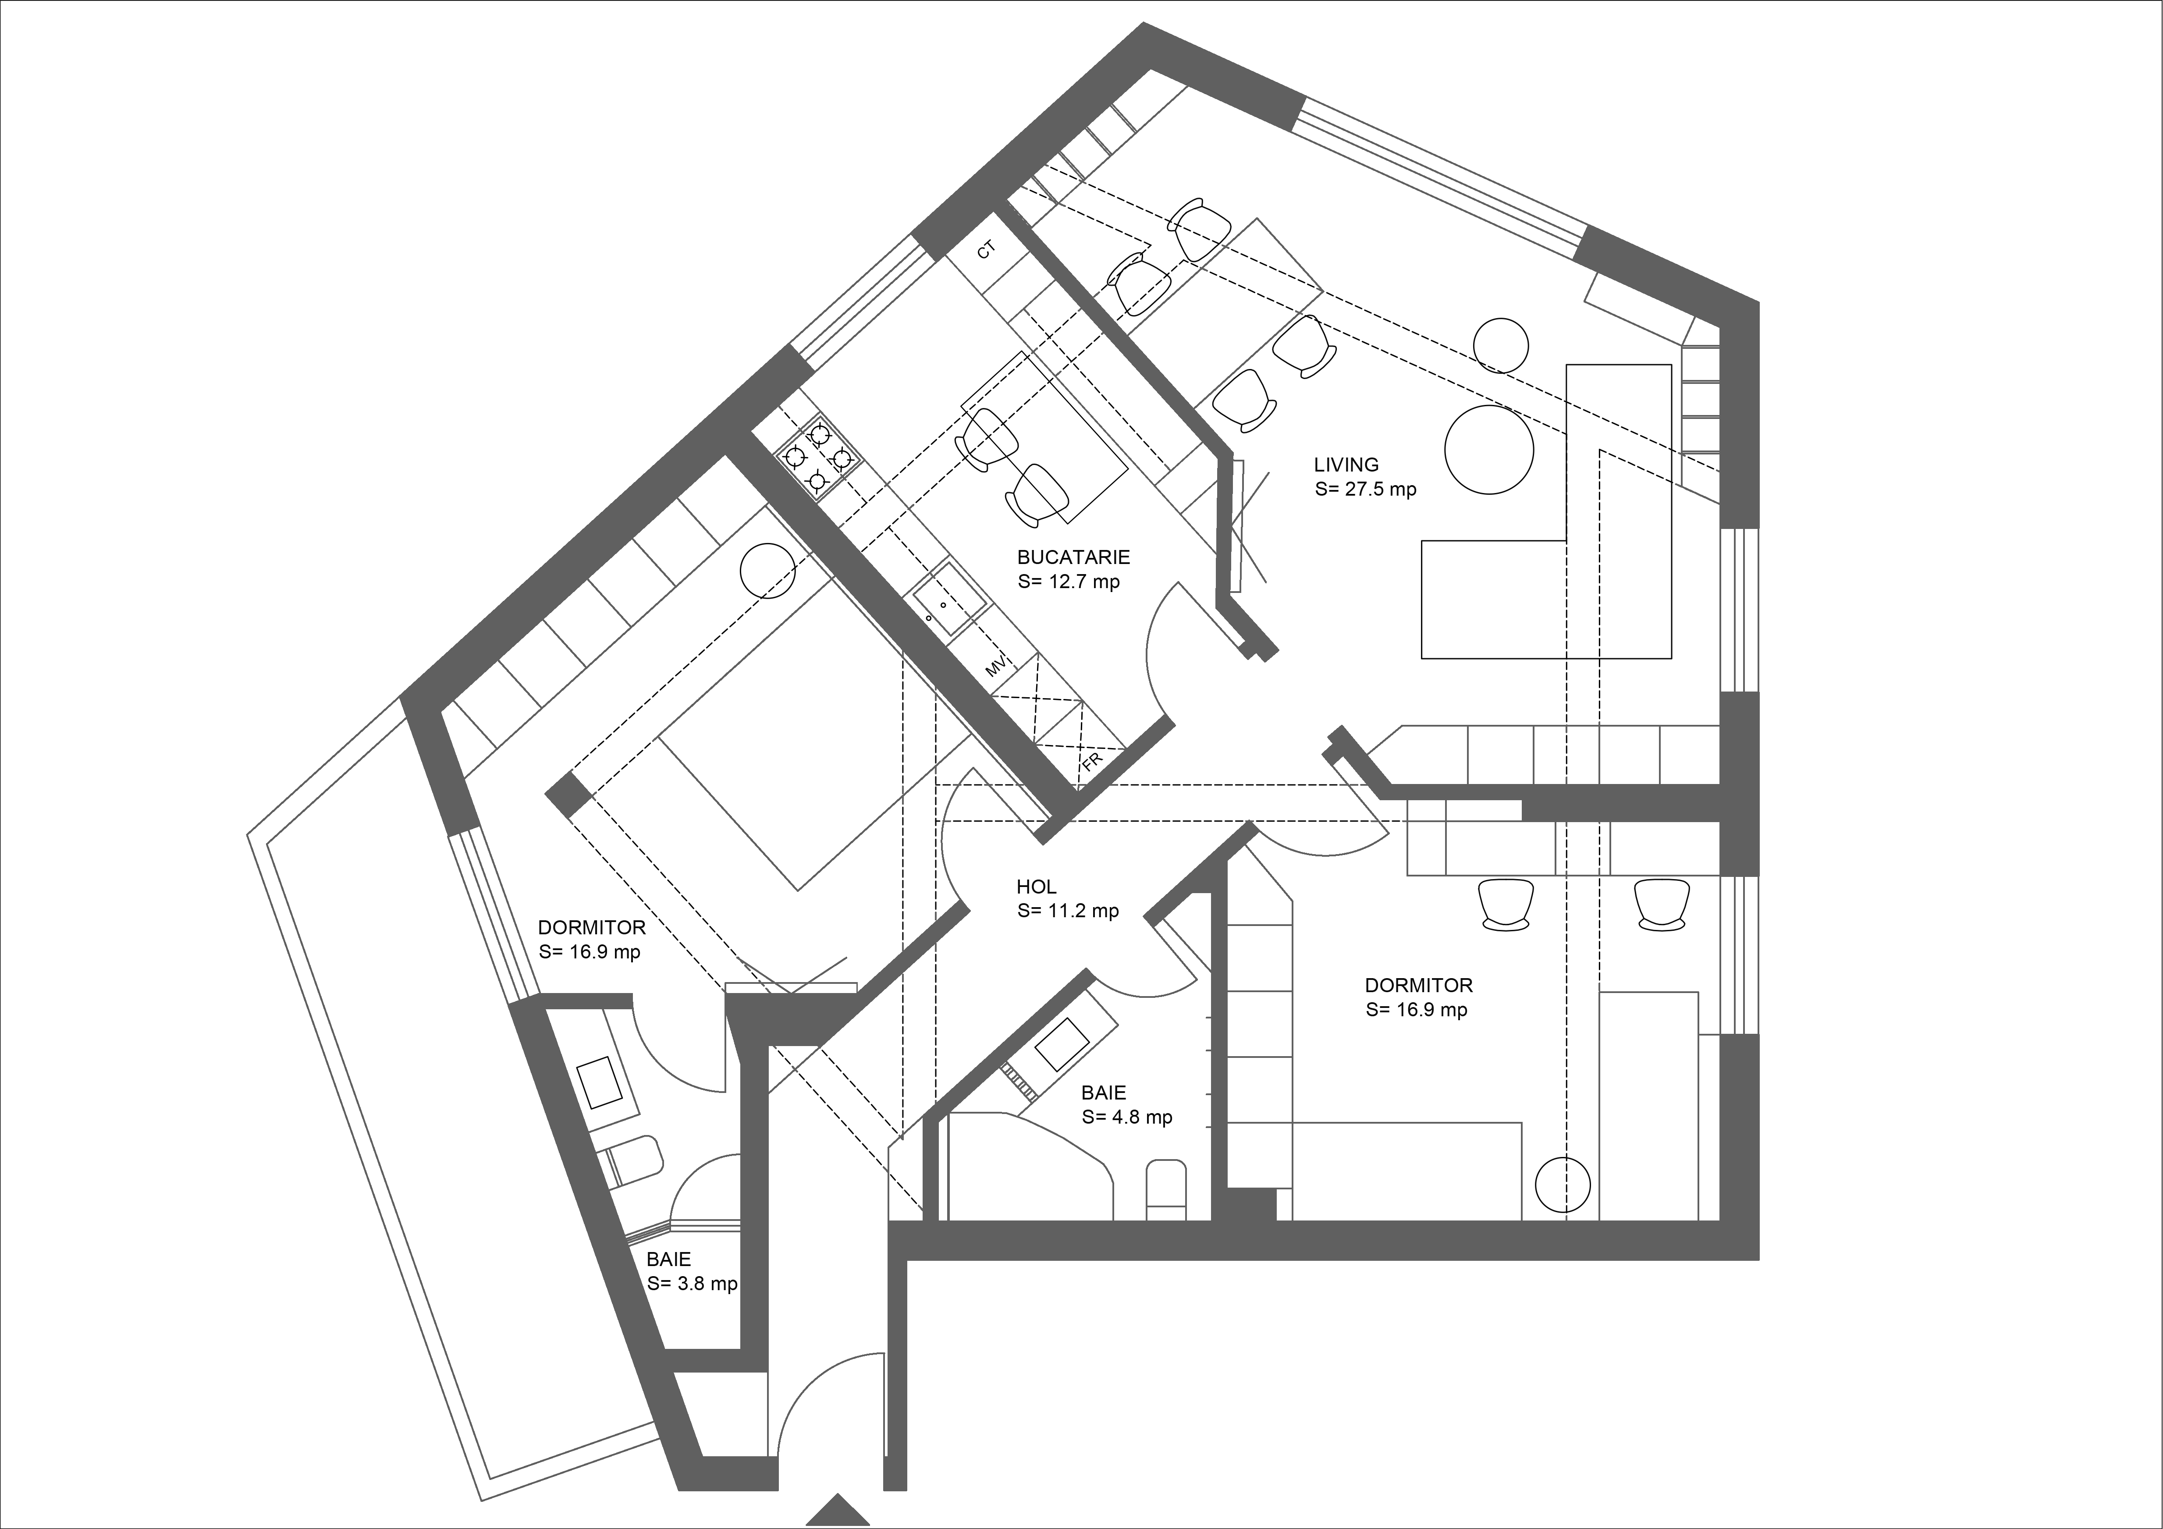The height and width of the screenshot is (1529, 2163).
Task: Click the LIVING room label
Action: (1346, 465)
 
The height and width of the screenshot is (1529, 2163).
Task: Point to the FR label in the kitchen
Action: (1093, 762)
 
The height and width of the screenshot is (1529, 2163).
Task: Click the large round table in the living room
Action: (1489, 449)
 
